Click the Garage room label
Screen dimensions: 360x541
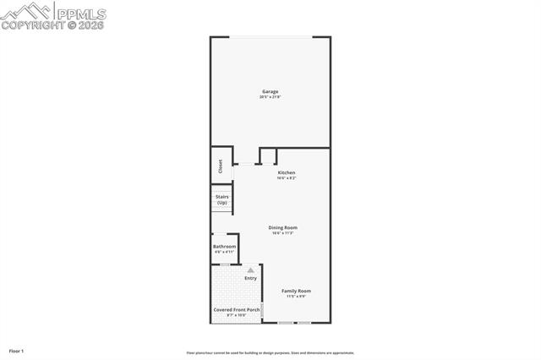tap(270, 91)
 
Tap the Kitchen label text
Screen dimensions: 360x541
tap(287, 172)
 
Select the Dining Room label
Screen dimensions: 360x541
tap(283, 227)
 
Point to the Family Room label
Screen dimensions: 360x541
tap(296, 291)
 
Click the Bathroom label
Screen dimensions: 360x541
tap(224, 246)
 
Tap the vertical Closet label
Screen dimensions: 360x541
tap(220, 166)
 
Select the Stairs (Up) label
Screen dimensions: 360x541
tap(221, 199)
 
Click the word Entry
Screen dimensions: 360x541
tap(250, 278)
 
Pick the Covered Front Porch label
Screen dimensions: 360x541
tap(235, 310)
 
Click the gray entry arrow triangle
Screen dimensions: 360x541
tap(250, 270)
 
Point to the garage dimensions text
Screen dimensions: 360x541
tap(270, 97)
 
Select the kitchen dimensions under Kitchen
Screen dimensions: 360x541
tap(287, 178)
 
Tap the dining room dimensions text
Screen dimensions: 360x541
tap(283, 233)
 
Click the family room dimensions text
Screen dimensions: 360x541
tap(296, 297)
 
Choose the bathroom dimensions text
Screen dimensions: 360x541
tap(224, 252)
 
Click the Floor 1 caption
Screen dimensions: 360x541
tap(16, 350)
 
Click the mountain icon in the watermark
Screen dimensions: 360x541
tap(25, 11)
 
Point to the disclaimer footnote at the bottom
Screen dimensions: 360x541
tap(270, 353)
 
